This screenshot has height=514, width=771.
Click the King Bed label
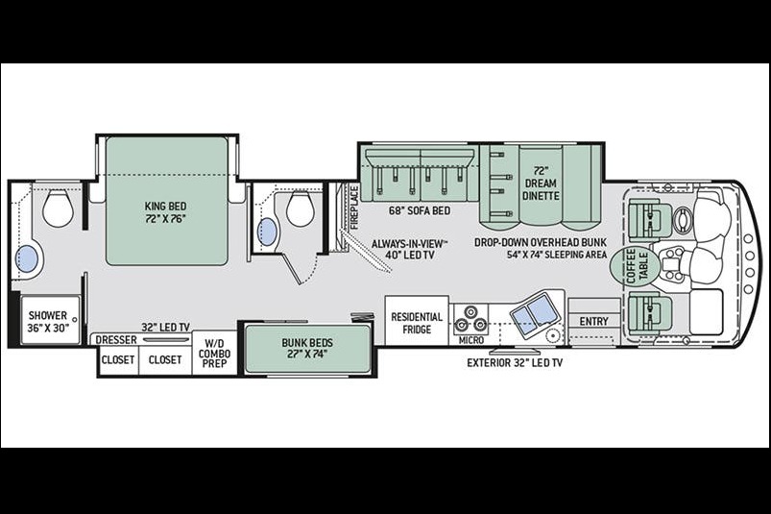[166, 212]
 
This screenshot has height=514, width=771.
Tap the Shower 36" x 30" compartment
[50, 321]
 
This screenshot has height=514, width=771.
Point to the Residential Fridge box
[417, 321]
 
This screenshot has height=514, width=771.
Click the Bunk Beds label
[307, 348]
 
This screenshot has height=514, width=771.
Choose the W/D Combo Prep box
[214, 354]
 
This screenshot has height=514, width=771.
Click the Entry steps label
[594, 321]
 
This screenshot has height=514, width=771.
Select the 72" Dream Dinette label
[541, 184]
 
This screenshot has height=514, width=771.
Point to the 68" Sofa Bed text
[420, 211]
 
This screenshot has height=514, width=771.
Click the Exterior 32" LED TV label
[515, 363]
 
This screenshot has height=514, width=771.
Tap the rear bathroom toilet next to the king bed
[58, 208]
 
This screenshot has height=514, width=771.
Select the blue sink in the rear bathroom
[27, 258]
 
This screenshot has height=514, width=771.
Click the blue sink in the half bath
[267, 232]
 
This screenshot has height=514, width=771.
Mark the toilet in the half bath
[300, 209]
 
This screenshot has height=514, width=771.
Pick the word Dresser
[116, 340]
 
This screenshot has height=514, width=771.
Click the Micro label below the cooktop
[471, 340]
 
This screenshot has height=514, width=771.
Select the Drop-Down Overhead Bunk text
[541, 242]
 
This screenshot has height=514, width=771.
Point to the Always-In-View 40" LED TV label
[410, 249]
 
